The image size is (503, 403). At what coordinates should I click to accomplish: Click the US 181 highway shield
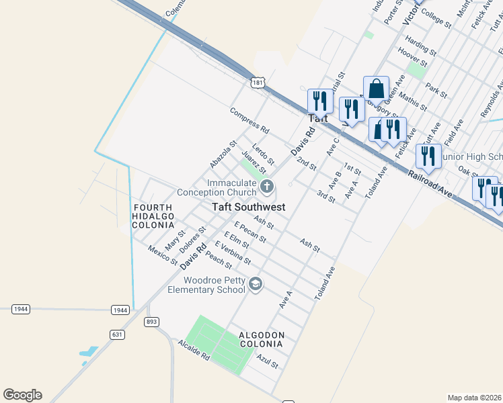257,82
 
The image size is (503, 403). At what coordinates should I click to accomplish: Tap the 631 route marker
118,334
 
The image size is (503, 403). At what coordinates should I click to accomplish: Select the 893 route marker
151,322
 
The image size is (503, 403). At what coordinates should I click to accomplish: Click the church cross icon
267,185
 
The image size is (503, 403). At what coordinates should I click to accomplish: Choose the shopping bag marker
377,89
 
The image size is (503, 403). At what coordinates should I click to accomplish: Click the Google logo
22,395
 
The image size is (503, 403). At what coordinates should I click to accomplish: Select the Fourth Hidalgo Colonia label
153,216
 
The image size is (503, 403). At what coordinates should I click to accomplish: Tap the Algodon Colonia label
262,339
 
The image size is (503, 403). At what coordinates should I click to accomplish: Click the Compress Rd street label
249,120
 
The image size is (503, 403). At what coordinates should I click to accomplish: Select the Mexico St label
163,255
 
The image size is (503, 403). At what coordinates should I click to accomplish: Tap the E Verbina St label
233,251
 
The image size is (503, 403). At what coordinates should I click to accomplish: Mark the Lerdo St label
263,154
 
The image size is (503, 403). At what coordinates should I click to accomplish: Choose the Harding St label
421,47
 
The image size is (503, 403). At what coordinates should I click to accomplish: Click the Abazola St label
223,154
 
